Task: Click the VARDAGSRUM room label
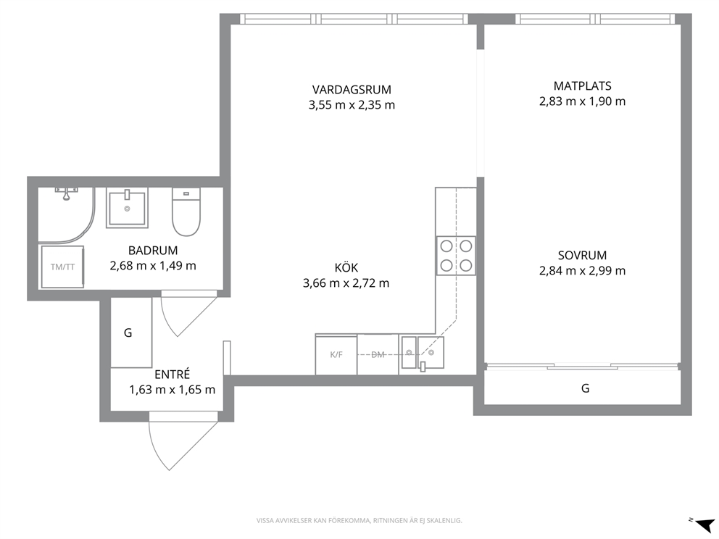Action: pos(352,89)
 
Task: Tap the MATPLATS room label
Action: pos(582,85)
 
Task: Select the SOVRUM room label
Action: pos(582,255)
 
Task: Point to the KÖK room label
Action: pos(346,267)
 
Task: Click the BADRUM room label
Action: pos(153,251)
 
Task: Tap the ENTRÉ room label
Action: pos(172,375)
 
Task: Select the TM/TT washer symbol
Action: pos(62,267)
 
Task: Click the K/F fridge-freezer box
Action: pos(336,354)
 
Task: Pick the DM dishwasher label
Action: pos(378,354)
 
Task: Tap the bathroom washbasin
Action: pos(127,208)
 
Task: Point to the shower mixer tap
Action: pos(67,193)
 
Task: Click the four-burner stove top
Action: pos(456,256)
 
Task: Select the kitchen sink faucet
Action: pos(423,366)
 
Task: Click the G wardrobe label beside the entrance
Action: pos(128,333)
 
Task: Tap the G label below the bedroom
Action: pos(585,388)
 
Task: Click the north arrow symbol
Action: pos(705,523)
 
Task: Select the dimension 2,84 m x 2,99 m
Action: pos(582,271)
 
